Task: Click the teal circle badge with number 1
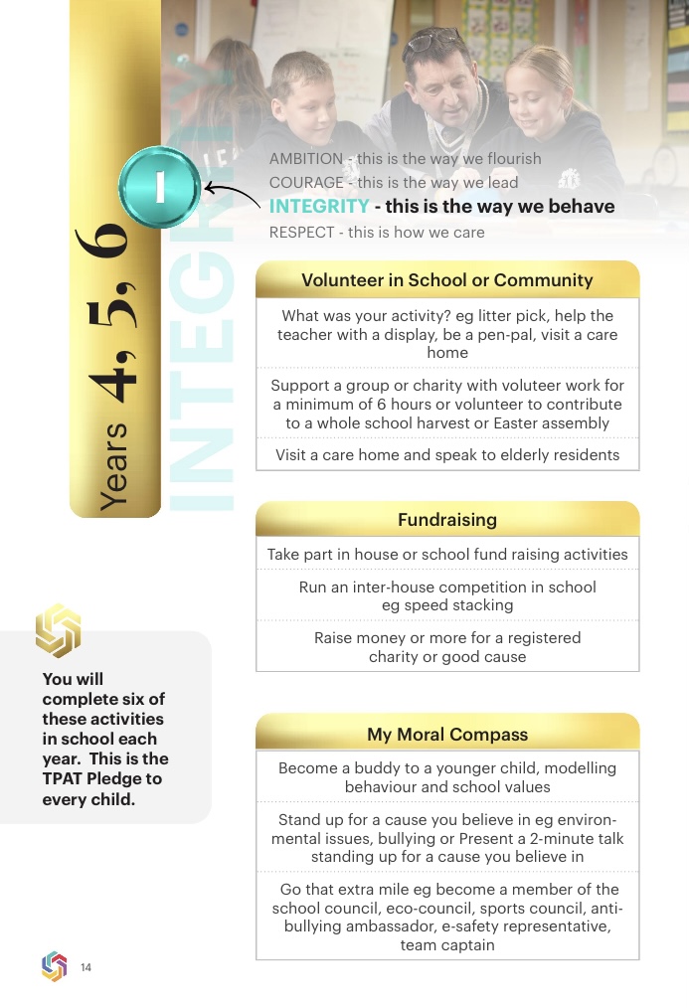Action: [x=159, y=188]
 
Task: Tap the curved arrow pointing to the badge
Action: [x=235, y=193]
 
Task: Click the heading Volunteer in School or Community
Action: [x=446, y=280]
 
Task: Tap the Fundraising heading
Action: [x=446, y=520]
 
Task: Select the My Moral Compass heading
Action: [x=446, y=735]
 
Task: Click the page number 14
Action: [x=86, y=967]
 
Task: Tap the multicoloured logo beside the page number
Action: [x=54, y=966]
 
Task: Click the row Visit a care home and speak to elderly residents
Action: [x=446, y=455]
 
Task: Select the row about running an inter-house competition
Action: [x=446, y=595]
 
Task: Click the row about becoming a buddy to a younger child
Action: [x=446, y=777]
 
